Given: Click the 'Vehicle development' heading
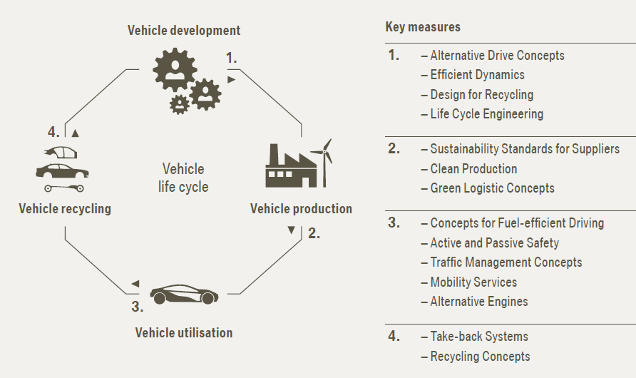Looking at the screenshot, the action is [184, 31].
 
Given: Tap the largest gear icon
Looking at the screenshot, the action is [175, 69].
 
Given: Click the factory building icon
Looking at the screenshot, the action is [291, 166].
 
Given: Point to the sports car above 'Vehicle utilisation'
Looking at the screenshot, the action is [184, 294].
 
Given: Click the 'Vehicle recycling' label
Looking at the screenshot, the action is [65, 209].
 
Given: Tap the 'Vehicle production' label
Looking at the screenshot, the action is [301, 209].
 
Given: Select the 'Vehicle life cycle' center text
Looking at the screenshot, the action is [183, 178].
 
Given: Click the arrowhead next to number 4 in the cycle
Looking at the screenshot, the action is [75, 133].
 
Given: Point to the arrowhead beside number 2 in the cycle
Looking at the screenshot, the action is [291, 230].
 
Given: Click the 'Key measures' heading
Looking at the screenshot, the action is [423, 27].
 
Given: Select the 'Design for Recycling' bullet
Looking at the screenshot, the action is [477, 94].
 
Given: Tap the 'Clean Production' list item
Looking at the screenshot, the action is [469, 169].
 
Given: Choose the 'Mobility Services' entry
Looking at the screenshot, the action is [469, 282].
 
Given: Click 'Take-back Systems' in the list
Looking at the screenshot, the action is [475, 336].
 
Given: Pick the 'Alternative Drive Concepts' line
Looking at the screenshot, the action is [493, 55].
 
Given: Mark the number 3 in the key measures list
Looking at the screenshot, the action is [394, 223].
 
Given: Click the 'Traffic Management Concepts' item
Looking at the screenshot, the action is [501, 262].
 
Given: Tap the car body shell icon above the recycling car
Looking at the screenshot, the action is [61, 153].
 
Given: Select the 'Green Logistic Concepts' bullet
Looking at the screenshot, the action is [488, 188].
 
